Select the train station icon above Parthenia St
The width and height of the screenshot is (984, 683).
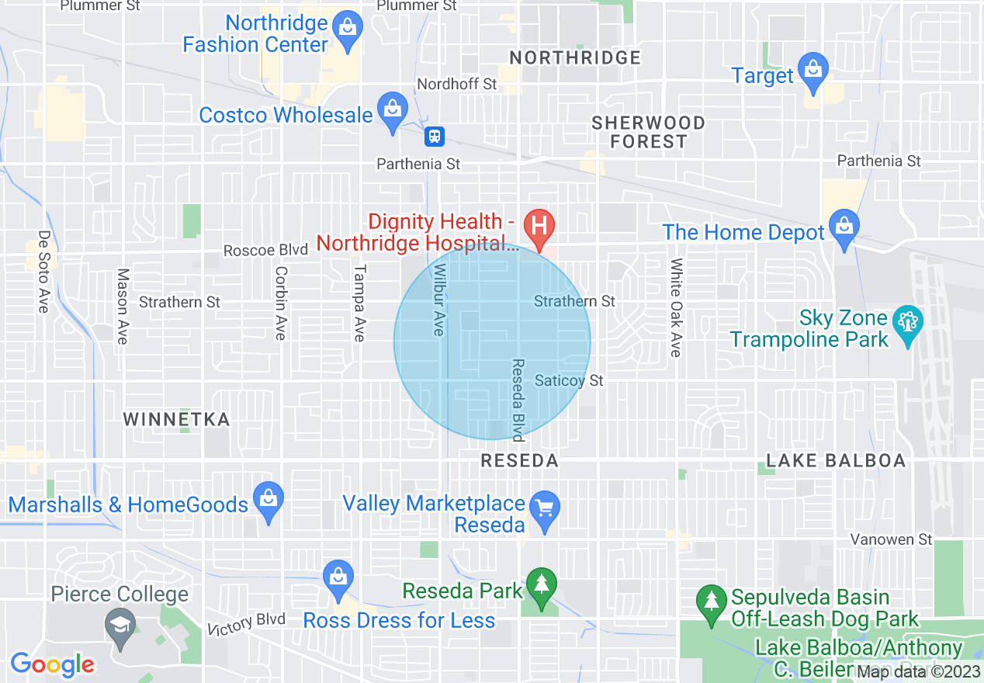434,137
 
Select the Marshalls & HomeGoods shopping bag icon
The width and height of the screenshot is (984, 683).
268,499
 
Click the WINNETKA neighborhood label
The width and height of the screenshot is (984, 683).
177,420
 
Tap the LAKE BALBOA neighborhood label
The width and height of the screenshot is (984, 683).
836,461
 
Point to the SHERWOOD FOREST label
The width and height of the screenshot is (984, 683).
648,132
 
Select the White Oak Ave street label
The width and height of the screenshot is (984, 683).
676,307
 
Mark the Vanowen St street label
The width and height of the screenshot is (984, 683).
891,539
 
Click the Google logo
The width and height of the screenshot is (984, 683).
52,664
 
